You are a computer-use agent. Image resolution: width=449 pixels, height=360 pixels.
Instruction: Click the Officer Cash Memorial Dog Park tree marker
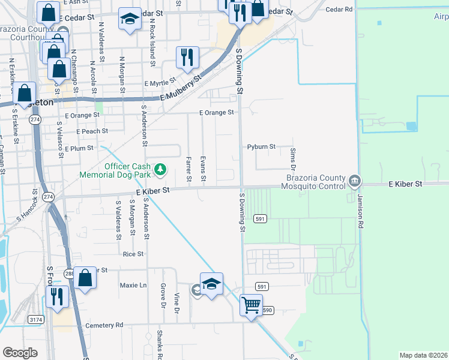click(160, 170)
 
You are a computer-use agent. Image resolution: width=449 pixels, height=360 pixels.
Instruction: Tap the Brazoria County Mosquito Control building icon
click(354, 181)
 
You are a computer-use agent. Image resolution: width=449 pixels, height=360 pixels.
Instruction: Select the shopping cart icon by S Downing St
click(251, 305)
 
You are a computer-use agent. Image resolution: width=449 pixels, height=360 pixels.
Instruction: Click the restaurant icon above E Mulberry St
click(187, 58)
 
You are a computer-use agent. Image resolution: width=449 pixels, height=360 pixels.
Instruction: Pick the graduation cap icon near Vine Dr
click(211, 283)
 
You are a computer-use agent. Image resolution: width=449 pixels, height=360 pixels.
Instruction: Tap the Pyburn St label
click(261, 146)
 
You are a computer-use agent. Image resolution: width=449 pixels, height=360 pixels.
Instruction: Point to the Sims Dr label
click(293, 158)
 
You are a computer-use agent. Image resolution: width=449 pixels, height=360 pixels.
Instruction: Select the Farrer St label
click(188, 169)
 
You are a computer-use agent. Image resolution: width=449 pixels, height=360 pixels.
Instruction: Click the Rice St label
click(133, 254)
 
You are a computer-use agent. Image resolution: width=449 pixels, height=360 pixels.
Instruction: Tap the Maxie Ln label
click(133, 285)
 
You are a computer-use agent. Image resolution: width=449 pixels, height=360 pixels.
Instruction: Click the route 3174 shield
click(35, 320)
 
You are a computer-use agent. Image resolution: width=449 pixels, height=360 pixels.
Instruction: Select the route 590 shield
click(267, 310)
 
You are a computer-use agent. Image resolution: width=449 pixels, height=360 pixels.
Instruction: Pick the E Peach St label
click(92, 131)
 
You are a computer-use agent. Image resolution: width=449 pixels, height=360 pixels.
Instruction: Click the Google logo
click(20, 352)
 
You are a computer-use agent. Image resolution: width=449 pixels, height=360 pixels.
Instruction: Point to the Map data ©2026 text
click(422, 355)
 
